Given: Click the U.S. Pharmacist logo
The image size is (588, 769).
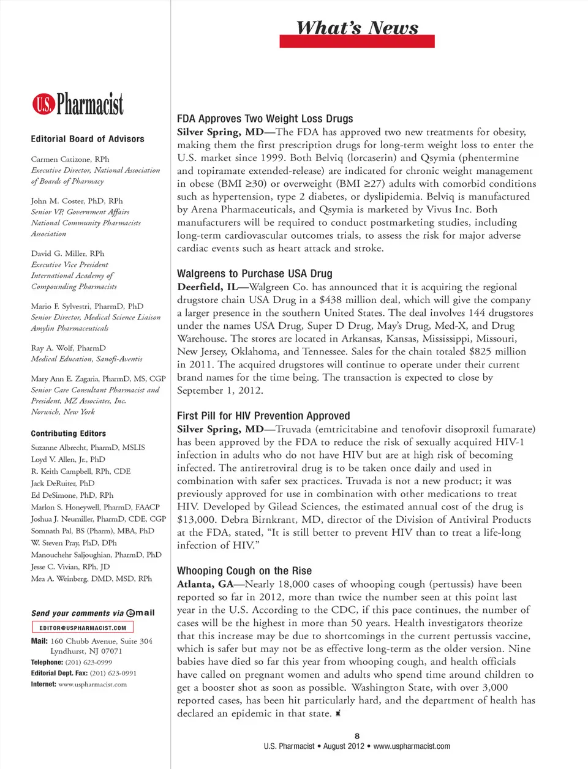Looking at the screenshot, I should [78, 104].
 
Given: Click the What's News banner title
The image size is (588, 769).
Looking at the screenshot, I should [357, 28].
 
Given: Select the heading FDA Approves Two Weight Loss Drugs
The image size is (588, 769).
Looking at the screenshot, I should [265, 119].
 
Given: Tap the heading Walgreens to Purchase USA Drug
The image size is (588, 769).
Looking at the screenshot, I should [254, 274].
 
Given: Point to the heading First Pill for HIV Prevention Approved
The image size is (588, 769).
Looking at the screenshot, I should [263, 416].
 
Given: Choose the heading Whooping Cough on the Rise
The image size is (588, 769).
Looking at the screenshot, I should [244, 571].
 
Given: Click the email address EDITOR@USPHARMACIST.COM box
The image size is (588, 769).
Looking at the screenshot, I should [83, 628].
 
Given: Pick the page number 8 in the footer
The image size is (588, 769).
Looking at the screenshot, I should [357, 737].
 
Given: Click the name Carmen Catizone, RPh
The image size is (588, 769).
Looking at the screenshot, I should [70, 159].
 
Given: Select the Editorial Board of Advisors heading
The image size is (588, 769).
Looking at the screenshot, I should [88, 139].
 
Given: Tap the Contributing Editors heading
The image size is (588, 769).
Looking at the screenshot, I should [68, 433].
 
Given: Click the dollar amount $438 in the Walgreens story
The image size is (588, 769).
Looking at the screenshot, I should [330, 300].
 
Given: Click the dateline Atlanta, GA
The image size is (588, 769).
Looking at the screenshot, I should [205, 584].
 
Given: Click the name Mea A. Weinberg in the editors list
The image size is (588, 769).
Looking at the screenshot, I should [59, 579].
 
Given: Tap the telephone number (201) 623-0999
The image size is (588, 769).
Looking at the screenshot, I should [88, 662].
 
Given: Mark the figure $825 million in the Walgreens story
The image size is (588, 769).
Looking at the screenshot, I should [497, 351].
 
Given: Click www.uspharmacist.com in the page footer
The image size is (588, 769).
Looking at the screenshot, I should [412, 746].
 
